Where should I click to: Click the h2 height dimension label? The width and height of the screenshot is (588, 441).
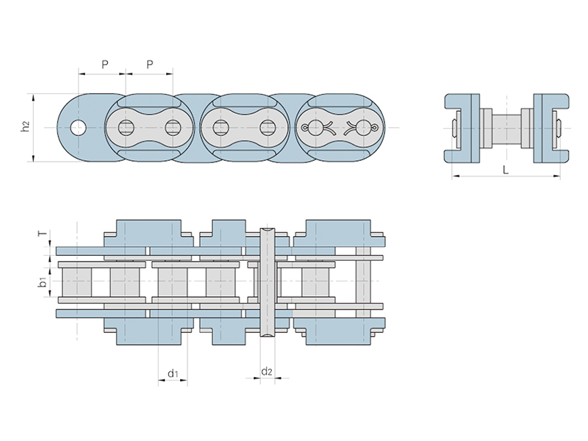26,127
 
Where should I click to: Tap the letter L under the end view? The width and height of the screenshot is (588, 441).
506,169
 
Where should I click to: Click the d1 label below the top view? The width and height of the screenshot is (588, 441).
173,373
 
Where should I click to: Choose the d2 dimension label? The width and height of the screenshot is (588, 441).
267,372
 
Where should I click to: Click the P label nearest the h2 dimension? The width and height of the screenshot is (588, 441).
104,65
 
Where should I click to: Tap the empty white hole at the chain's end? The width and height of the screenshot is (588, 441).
77,127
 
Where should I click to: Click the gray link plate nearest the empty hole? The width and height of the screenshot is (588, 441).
149,127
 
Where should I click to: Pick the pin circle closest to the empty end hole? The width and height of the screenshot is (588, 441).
126,127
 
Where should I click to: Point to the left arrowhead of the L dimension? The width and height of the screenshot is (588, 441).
453,176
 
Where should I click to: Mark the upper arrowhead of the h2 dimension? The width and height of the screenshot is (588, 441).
33,96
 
